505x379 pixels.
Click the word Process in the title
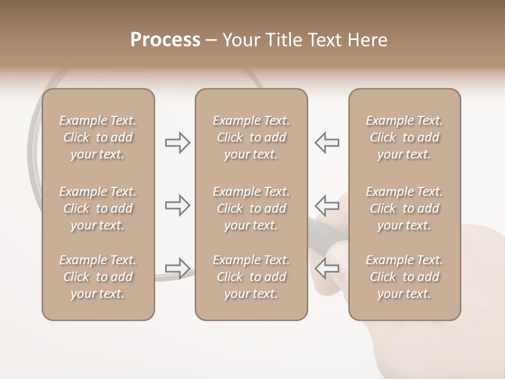(x=165, y=40)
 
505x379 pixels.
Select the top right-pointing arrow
(x=178, y=143)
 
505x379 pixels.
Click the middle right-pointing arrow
(x=178, y=205)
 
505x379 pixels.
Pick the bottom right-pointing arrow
(x=178, y=267)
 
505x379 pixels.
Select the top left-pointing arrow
(x=327, y=143)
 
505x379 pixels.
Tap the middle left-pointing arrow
(x=327, y=205)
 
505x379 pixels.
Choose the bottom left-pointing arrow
(x=327, y=267)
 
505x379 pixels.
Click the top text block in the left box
(x=98, y=137)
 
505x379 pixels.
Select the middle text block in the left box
(x=98, y=208)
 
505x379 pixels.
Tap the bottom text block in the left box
(x=98, y=277)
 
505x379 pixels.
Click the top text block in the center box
(x=251, y=137)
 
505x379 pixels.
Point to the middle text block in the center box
(x=251, y=208)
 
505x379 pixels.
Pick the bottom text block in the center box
(x=251, y=277)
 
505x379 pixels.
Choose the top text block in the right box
(x=404, y=137)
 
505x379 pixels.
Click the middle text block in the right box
(x=404, y=208)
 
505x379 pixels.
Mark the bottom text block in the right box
(x=404, y=277)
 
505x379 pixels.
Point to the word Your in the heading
(x=241, y=40)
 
